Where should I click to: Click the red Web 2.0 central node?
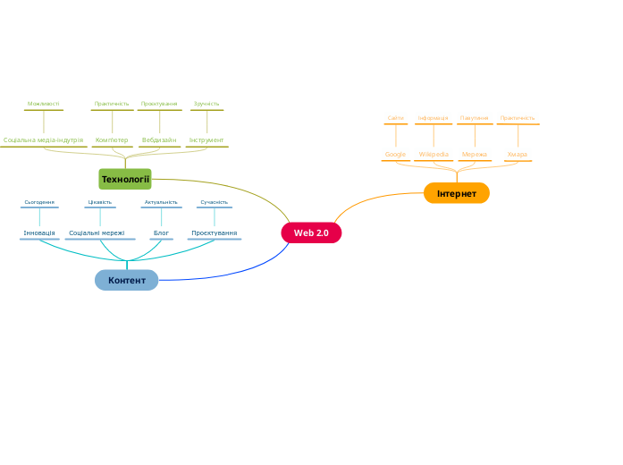[x=311, y=233]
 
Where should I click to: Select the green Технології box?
[x=125, y=180]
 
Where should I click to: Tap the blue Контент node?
[x=127, y=281]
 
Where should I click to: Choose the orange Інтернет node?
[x=457, y=193]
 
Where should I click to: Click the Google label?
[x=395, y=155]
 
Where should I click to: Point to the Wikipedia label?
[x=434, y=155]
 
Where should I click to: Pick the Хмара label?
[x=518, y=155]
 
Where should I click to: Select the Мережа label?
[x=475, y=155]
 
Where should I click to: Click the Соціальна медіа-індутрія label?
[x=43, y=140]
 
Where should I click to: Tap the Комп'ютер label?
[x=112, y=140]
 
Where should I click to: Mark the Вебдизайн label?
[x=159, y=140]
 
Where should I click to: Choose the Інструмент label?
[x=206, y=140]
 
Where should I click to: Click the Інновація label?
[x=39, y=233]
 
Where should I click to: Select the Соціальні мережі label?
[x=97, y=233]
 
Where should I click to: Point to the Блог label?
[x=161, y=233]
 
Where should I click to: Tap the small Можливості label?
[x=44, y=104]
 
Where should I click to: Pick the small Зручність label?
[x=206, y=104]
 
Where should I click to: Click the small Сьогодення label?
[x=39, y=202]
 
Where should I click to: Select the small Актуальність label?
[x=161, y=202]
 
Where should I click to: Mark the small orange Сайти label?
[x=395, y=118]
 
